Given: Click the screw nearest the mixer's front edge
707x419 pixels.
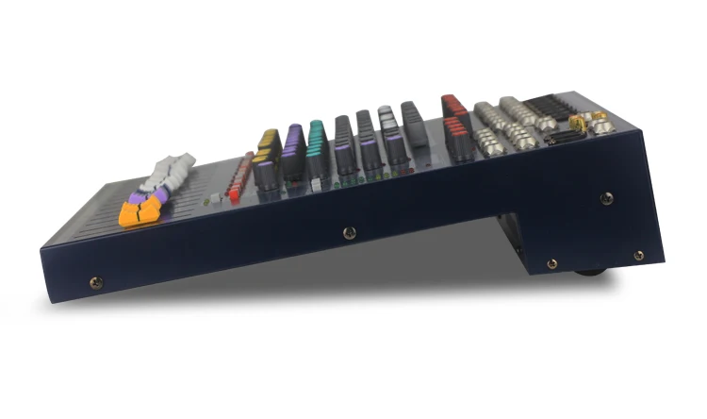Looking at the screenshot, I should coord(93,281).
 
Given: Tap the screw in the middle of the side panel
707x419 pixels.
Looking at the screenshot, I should coord(350,232).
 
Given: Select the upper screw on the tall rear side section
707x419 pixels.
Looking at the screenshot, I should coord(606,197).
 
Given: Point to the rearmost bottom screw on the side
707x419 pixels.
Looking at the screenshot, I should coord(638,255).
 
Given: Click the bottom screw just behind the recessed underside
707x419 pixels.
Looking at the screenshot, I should coord(551,263).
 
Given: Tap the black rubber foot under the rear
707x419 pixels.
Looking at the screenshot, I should coord(589,272).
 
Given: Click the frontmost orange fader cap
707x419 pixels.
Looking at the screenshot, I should coord(135,215).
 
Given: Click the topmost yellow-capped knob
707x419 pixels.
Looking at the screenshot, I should coord(269,138).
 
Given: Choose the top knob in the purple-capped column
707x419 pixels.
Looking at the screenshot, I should coord(293,132).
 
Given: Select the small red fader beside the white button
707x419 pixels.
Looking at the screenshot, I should coord(234,193).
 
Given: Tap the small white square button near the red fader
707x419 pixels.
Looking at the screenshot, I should coord(214,197).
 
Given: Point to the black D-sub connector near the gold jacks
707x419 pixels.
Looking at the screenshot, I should coord(567,137).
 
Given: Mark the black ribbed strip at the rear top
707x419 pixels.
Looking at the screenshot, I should coord(547,104).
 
